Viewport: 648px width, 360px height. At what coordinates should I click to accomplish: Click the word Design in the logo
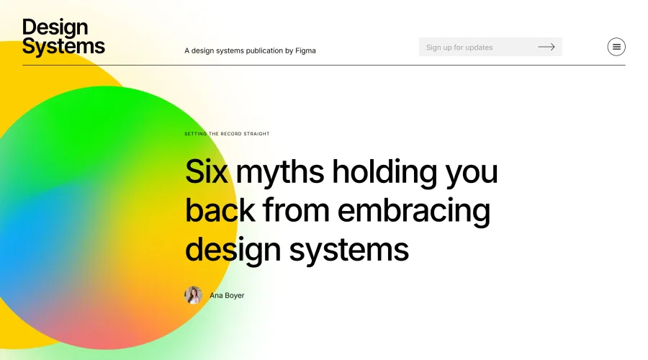[55, 28]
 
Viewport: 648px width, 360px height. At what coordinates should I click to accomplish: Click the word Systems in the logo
[63, 47]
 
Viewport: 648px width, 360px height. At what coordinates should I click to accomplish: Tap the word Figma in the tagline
[305, 51]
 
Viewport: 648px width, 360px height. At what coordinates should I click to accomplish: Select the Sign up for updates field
[475, 48]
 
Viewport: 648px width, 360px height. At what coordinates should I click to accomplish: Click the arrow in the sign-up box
[546, 48]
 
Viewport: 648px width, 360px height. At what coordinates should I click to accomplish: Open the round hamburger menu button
[616, 47]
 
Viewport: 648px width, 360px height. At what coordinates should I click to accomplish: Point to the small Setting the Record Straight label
[227, 134]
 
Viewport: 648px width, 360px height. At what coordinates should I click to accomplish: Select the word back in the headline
[220, 210]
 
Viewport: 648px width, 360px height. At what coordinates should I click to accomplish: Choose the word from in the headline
[295, 210]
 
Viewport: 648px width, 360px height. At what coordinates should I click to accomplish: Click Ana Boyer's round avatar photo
[193, 295]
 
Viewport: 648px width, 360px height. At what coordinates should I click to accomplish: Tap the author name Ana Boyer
[227, 295]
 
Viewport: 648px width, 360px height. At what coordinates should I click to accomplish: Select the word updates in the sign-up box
[479, 48]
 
